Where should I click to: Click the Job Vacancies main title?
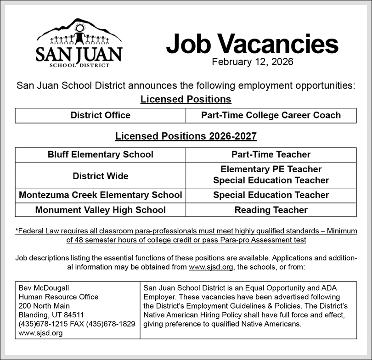[x=252, y=45]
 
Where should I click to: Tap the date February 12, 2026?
[x=252, y=62]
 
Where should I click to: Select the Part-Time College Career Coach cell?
[x=271, y=115]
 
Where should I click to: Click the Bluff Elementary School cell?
[x=101, y=155]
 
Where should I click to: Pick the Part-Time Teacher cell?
[x=271, y=155]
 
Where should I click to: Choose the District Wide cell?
[x=101, y=175]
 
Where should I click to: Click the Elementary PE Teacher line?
[x=271, y=169]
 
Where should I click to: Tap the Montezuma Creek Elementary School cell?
[x=101, y=195]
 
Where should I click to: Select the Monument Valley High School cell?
[x=101, y=210]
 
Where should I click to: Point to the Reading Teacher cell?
[x=271, y=210]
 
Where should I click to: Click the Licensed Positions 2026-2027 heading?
[x=186, y=136]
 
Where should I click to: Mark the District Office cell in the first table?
[x=101, y=115]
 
